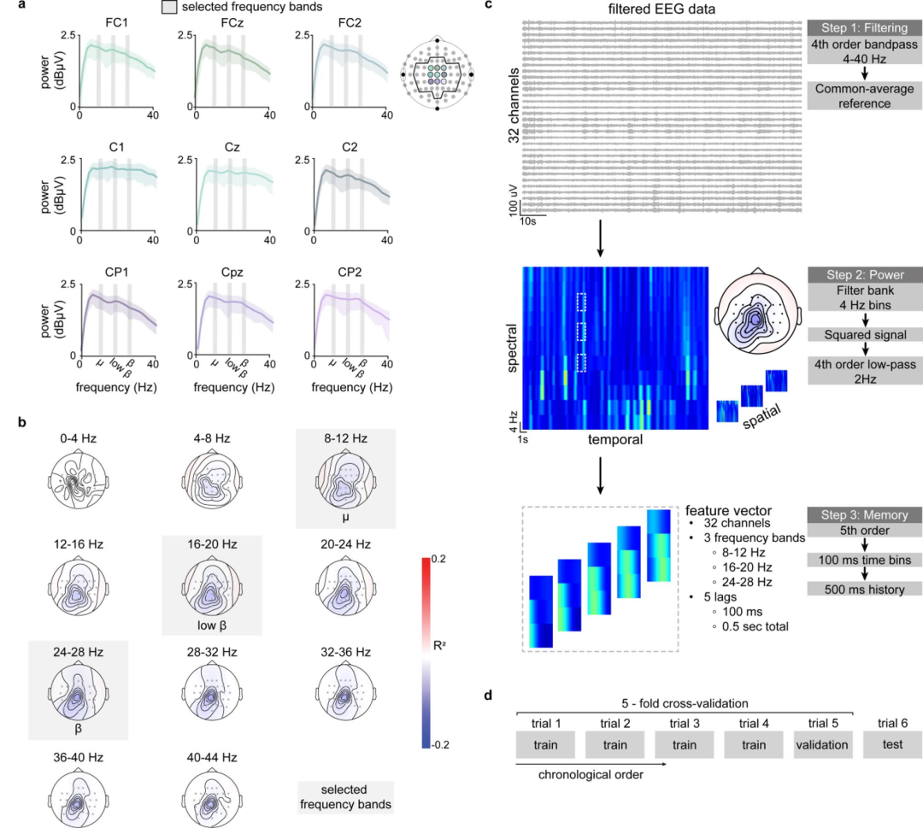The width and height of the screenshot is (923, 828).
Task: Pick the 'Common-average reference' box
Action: coord(863,97)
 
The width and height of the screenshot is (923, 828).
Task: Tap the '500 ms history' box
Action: coord(863,589)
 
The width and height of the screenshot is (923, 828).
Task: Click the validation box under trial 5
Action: coord(821,744)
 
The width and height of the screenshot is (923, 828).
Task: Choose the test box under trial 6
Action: coord(892,744)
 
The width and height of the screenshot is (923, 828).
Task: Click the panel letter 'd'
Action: coord(488,696)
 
